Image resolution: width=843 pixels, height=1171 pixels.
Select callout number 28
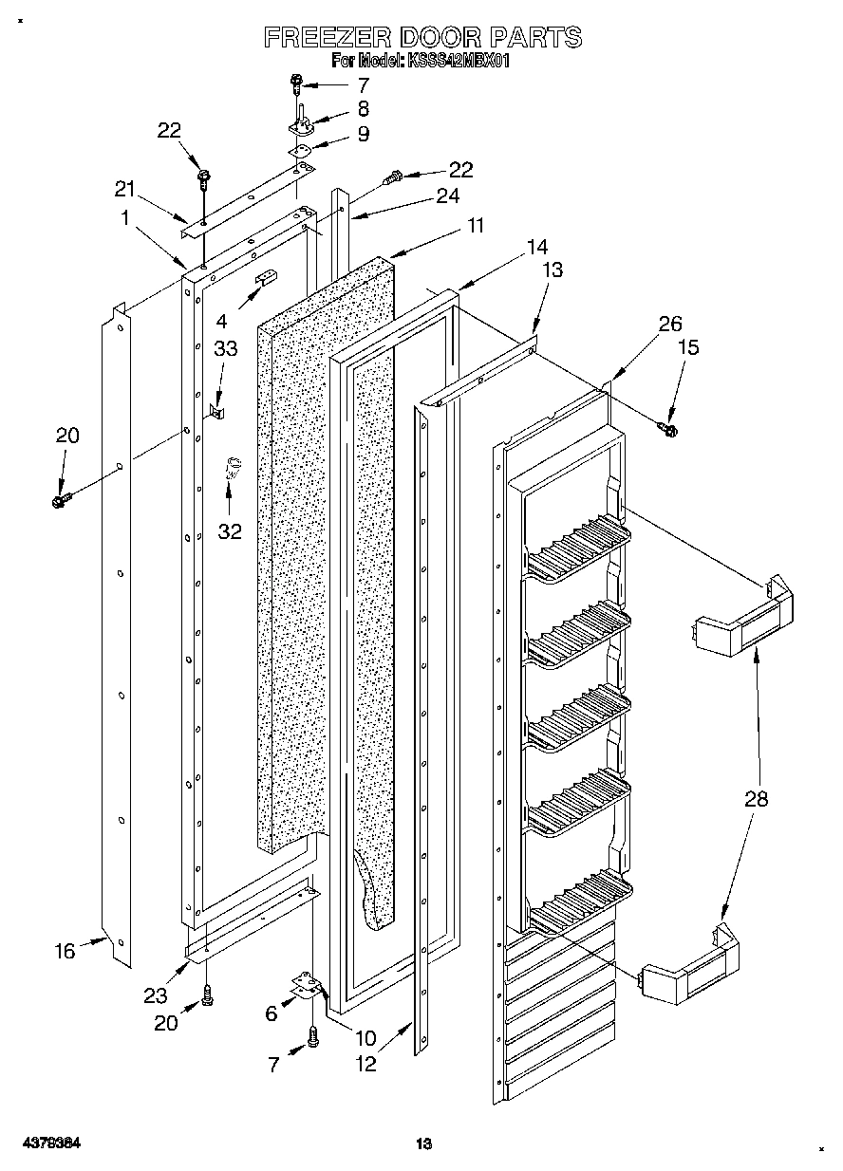[x=757, y=799]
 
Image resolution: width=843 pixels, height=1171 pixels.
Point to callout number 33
[x=225, y=348]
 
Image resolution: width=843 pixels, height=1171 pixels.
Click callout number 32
[x=231, y=531]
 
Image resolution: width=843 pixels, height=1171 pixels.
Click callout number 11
[x=475, y=226]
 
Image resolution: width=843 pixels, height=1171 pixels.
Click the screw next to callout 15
[x=668, y=430]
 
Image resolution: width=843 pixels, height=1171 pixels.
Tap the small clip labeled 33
[x=218, y=411]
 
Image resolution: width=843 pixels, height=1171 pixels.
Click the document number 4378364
[x=52, y=1143]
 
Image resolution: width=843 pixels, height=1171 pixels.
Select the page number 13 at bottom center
[x=423, y=1144]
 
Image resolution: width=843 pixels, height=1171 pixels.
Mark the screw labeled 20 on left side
[x=62, y=496]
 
